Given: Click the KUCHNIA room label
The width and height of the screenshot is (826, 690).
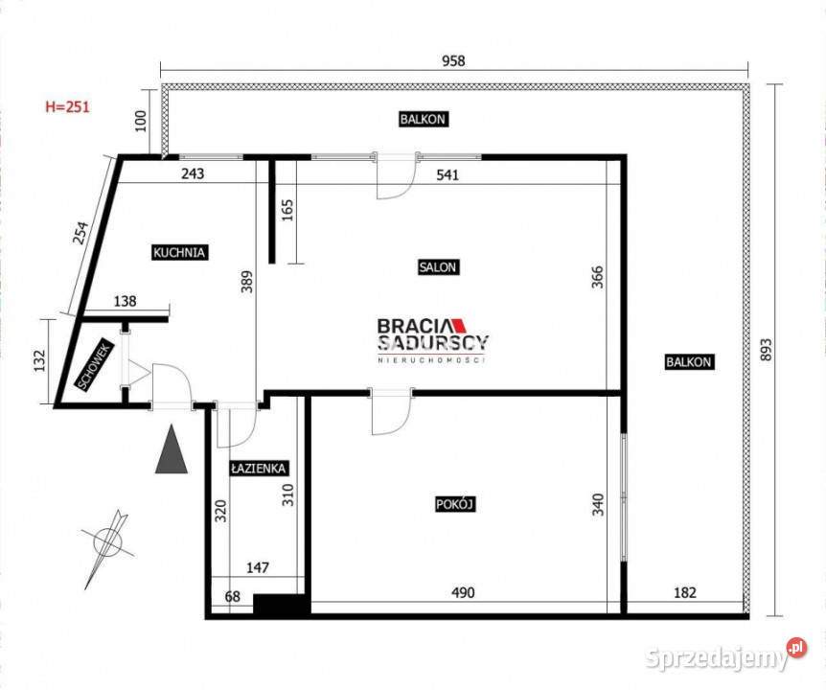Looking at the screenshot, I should coord(180,253).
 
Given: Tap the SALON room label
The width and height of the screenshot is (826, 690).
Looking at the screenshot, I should coord(437,267).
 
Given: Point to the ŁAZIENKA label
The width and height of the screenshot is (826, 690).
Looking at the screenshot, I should coord(259,469).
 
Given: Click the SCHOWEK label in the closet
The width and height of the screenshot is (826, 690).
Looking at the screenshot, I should coord(97,365).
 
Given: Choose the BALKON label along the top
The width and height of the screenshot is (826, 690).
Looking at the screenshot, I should coord(423,120).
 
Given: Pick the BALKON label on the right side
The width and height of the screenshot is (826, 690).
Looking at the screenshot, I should coord(688,362).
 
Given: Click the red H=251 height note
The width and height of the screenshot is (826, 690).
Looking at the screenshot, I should coord(67,107).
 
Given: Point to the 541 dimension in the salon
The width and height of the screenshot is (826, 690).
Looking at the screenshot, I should coord(447,174).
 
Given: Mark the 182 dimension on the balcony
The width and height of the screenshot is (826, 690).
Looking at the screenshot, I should coord(684,593).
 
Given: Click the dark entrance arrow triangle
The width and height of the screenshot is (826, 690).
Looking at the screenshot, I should coord(171,451).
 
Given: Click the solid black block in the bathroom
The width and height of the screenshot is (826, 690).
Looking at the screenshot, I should coord(280,605).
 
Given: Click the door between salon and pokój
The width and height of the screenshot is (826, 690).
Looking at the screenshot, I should coord(391,412).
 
